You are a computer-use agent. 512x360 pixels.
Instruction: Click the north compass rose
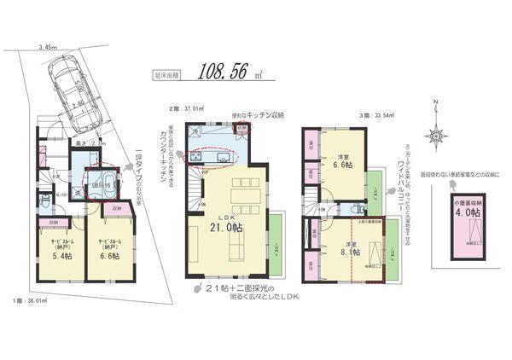point(438,135)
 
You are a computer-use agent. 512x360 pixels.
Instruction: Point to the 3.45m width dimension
point(46,49)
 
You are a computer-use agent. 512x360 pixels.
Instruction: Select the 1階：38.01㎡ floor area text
point(29,299)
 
